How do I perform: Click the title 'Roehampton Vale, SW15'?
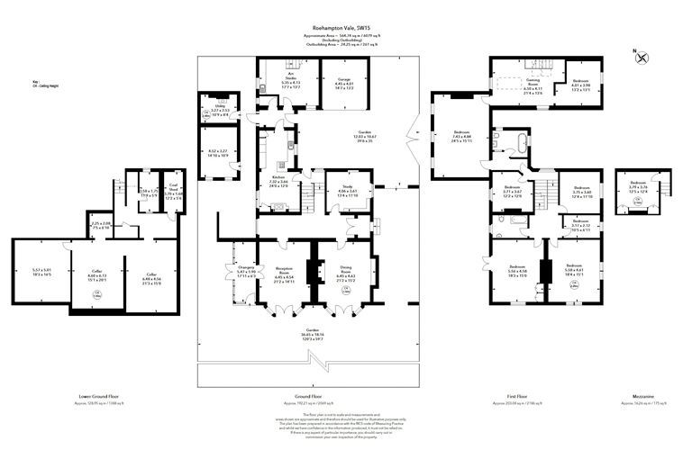click(340, 28)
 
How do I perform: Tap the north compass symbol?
click(642, 58)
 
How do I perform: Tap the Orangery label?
click(234, 271)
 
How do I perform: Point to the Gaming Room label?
click(521, 85)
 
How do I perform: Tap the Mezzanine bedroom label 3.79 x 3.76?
click(638, 187)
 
